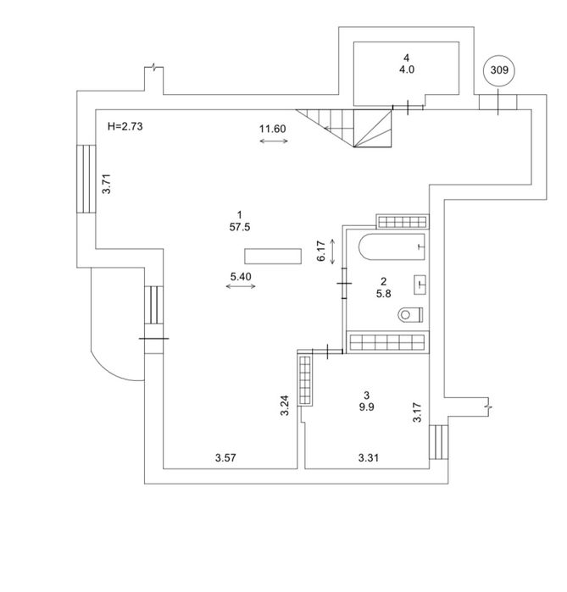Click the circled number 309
(x=499, y=69)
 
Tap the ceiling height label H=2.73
(x=125, y=126)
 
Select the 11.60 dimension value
(x=272, y=129)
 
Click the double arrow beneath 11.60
(x=274, y=141)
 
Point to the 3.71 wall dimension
(x=108, y=184)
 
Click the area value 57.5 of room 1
(x=240, y=227)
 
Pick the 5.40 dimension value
(x=241, y=277)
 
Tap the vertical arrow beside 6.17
(x=332, y=252)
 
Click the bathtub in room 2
(x=392, y=247)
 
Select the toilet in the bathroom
(x=410, y=314)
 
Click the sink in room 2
(x=420, y=285)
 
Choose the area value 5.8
(x=383, y=293)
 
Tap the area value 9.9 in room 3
(x=366, y=407)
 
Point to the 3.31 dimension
(x=369, y=458)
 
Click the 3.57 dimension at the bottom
(x=225, y=458)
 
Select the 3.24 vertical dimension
(x=285, y=406)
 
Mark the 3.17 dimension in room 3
(x=417, y=412)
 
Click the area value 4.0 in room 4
(x=407, y=69)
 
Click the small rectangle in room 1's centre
(x=273, y=256)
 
